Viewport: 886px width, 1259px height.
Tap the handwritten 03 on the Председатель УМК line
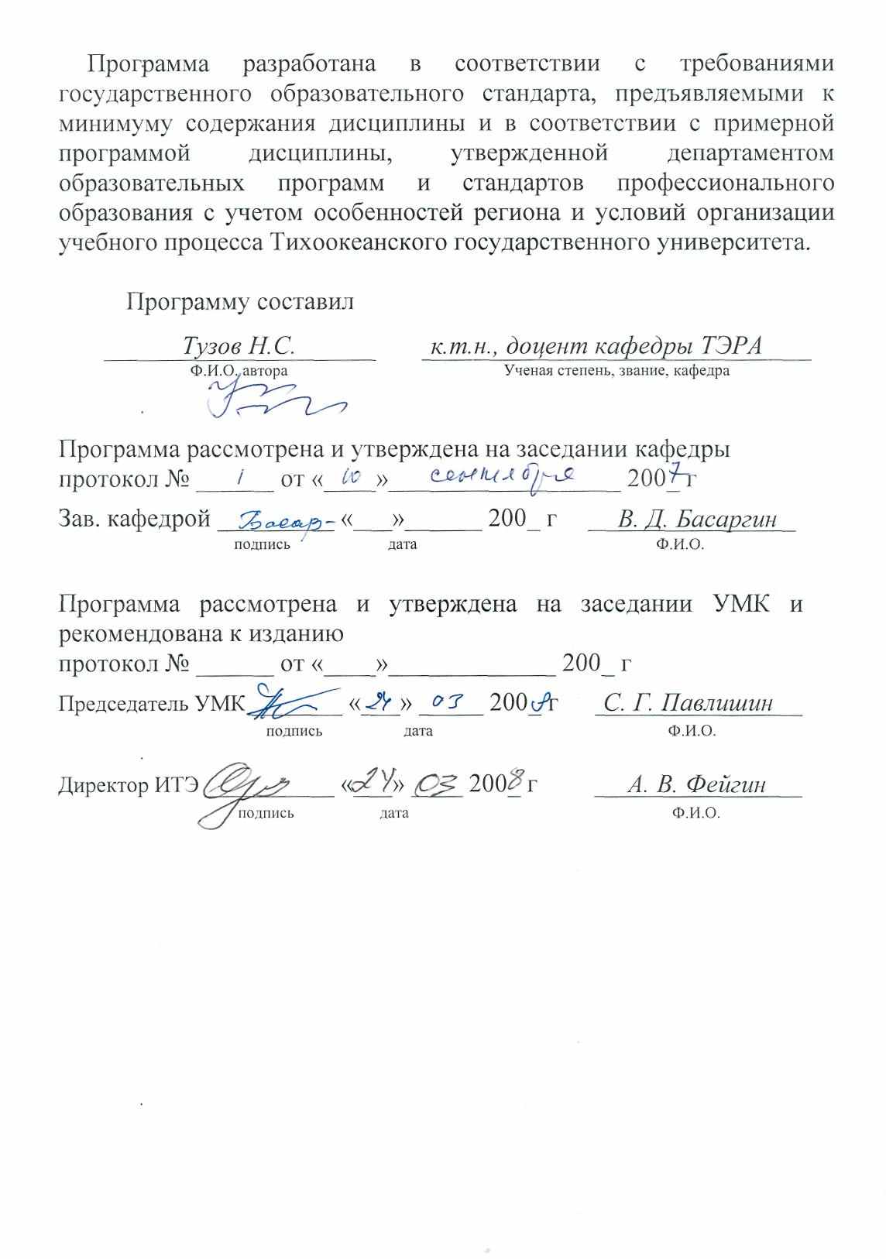point(448,703)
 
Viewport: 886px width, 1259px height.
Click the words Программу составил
point(240,301)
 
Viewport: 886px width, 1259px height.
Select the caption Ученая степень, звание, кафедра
point(616,370)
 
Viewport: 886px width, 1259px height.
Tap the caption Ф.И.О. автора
point(239,370)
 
